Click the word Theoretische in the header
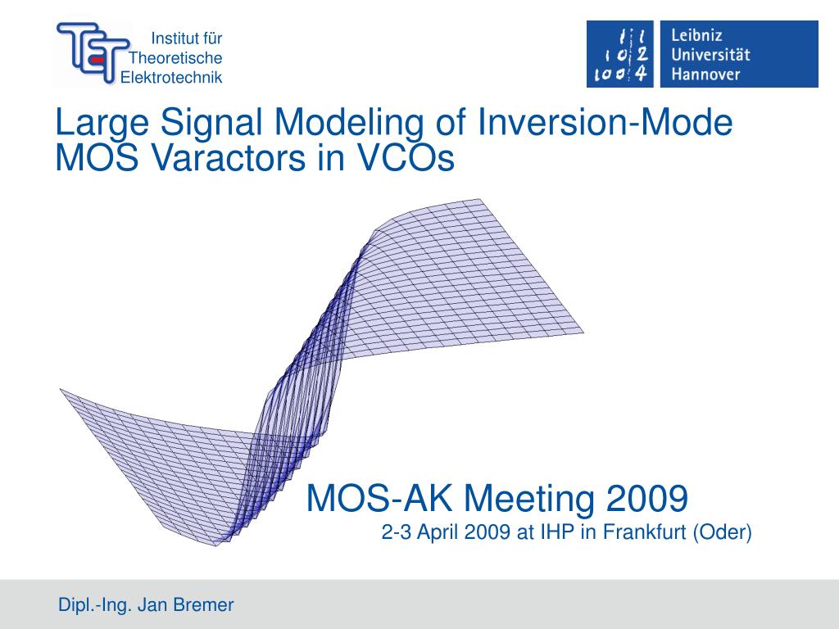point(176,57)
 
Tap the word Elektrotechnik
point(172,77)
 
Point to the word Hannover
point(705,75)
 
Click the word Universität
point(710,55)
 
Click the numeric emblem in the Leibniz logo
point(619,54)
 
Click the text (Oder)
point(722,533)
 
